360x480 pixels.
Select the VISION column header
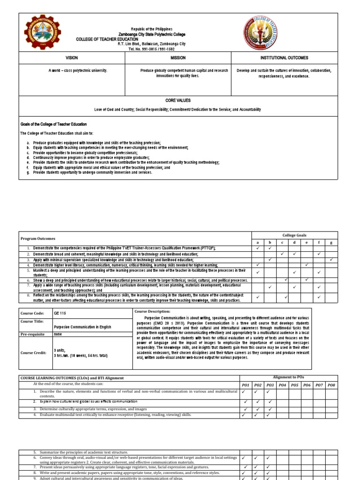(72, 58)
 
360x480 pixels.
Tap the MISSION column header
(178, 58)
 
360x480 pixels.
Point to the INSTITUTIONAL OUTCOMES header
(285, 58)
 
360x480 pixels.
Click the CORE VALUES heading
(177, 101)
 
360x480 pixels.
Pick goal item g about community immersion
(94, 172)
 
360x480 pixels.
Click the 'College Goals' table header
(294, 235)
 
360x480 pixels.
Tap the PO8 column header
(331, 385)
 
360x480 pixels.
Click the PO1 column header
(245, 385)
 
